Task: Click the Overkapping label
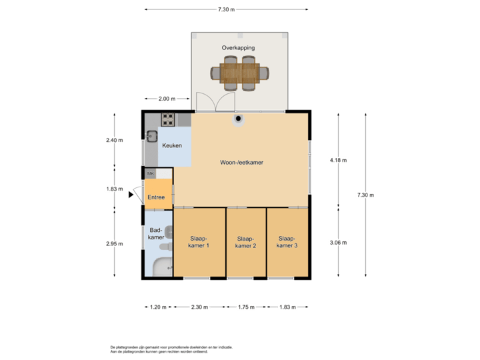238,48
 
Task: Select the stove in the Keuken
167,120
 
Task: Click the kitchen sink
152,137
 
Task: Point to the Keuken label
172,145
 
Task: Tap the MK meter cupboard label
150,173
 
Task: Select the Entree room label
156,197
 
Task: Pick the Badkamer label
156,233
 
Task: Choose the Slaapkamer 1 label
199,242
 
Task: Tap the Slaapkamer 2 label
245,242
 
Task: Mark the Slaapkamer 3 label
287,242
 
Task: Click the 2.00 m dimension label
166,99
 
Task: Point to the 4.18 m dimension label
338,160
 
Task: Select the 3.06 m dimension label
338,243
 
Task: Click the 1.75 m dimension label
246,307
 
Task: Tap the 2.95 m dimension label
115,244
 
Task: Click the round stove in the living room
238,119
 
